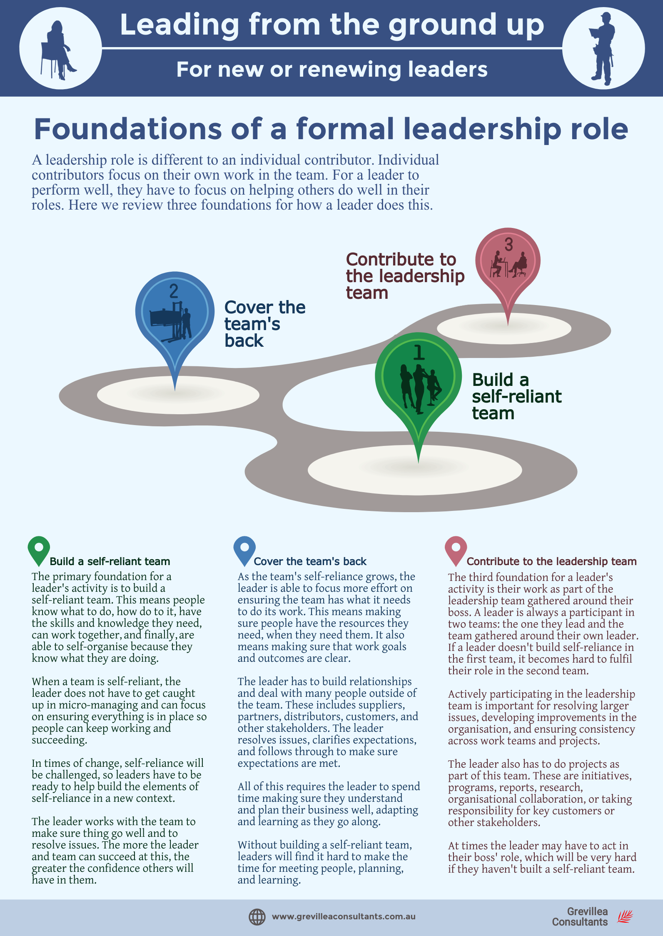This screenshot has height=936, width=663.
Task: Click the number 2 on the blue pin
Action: click(174, 291)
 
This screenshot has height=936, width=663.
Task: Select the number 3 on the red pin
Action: click(508, 245)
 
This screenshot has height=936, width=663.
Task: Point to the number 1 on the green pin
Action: click(419, 352)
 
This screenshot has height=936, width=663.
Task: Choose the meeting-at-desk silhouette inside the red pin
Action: click(508, 264)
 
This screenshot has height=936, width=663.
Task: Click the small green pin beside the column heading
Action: click(39, 550)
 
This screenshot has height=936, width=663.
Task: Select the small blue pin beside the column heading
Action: click(244, 550)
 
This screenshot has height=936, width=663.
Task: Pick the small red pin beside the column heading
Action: click(456, 550)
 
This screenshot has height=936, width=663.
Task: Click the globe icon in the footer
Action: click(257, 917)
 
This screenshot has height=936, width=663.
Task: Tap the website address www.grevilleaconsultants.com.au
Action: click(344, 917)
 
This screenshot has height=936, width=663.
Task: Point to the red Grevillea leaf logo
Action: click(625, 917)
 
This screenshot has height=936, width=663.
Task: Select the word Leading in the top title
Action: click(179, 25)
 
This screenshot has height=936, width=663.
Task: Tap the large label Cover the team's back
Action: click(264, 324)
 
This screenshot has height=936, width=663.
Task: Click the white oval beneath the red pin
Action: click(504, 328)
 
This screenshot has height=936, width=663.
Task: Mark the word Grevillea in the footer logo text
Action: click(587, 911)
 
